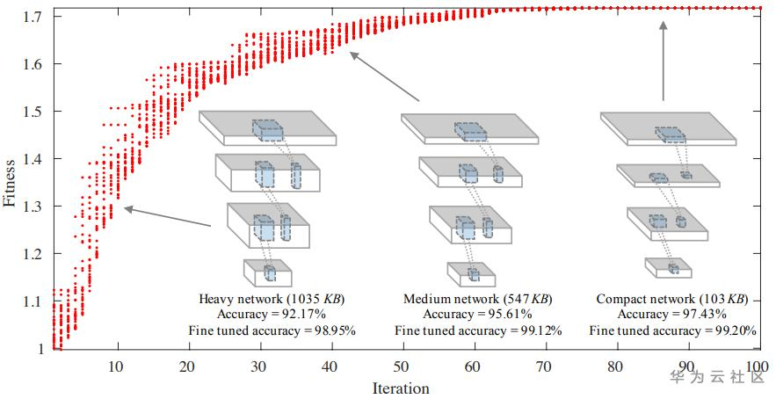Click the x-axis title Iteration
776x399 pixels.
point(401,388)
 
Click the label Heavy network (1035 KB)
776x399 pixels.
point(272,300)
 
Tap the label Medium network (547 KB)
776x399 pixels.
point(477,300)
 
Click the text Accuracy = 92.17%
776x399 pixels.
point(272,315)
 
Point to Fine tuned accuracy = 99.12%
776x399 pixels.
point(478,330)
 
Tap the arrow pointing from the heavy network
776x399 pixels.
point(167,217)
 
